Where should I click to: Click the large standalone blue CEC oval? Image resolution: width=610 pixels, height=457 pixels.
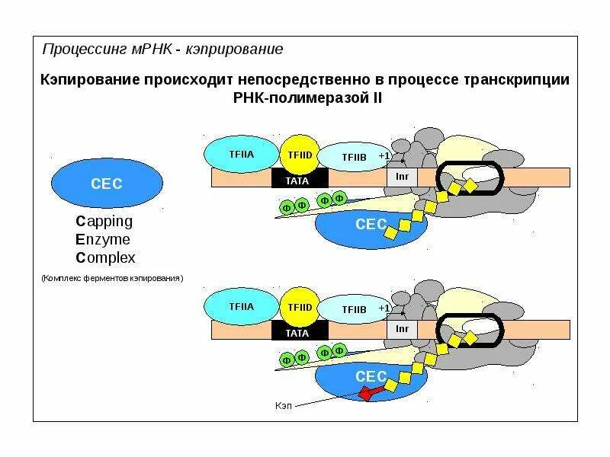(x=106, y=183)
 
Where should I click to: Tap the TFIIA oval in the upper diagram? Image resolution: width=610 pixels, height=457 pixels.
(x=241, y=155)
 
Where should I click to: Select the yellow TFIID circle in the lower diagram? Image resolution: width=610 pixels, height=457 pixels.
(x=300, y=307)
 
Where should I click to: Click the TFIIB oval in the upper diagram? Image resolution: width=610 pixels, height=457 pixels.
(x=354, y=158)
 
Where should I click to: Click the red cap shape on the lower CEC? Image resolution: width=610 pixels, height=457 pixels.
(x=369, y=393)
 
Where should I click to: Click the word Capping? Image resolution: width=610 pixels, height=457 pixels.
(x=104, y=222)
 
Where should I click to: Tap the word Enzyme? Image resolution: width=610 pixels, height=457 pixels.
(x=103, y=239)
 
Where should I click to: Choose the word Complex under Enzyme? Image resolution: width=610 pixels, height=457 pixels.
(x=105, y=257)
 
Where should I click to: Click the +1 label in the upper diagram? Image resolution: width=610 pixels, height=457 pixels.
(x=384, y=156)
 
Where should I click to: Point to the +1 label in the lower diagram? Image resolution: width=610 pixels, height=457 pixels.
(x=384, y=308)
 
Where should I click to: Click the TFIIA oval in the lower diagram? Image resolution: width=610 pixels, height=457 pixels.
(x=241, y=307)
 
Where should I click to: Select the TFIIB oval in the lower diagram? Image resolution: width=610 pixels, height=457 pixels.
(x=354, y=309)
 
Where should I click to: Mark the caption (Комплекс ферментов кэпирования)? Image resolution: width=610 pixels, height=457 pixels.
(x=113, y=279)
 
